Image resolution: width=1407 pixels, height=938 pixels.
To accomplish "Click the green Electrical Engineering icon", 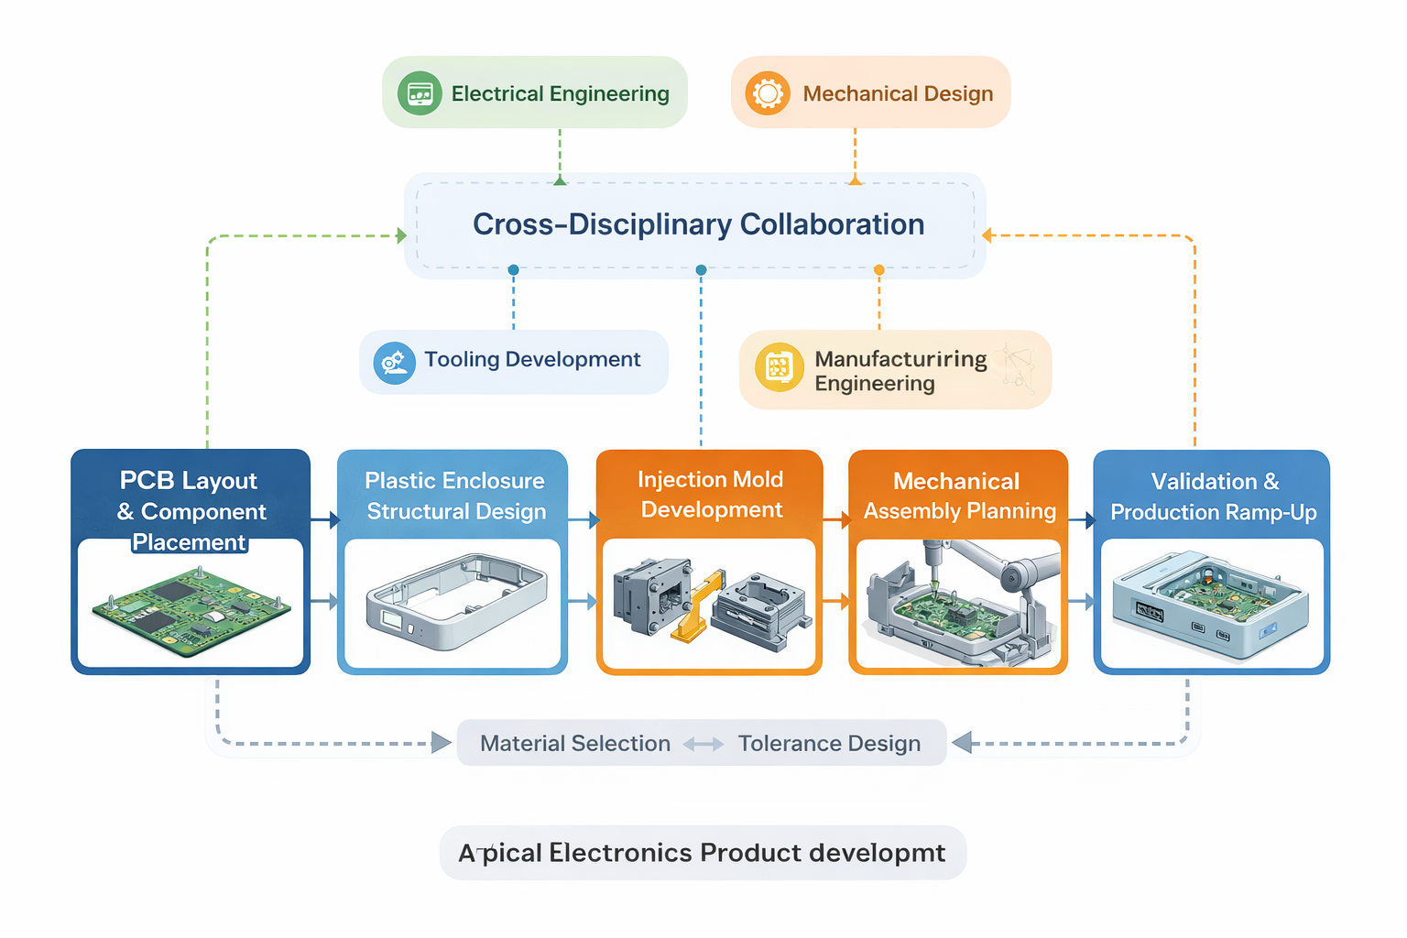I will (x=420, y=93).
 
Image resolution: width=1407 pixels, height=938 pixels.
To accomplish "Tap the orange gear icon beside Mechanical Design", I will (x=768, y=93).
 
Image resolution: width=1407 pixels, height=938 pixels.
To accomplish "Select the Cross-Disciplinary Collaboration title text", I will (x=698, y=224).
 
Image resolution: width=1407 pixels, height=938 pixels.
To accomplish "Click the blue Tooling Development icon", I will (x=395, y=363).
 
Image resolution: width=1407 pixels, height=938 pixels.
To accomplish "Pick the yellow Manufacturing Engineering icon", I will (x=779, y=367).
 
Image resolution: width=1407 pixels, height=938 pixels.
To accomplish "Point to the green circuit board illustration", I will (x=191, y=611).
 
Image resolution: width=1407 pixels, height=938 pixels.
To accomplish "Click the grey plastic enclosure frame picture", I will (x=455, y=600).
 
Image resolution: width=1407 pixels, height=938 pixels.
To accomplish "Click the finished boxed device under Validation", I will (x=1209, y=605).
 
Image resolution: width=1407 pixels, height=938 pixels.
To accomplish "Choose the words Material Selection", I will (x=575, y=744).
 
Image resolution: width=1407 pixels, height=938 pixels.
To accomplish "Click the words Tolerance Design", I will (x=829, y=744).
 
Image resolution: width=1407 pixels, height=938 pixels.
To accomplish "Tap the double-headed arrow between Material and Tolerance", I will (x=703, y=745).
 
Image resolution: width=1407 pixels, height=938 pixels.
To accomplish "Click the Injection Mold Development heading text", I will (x=711, y=495).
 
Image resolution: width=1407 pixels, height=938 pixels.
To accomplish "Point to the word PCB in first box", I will (x=147, y=480).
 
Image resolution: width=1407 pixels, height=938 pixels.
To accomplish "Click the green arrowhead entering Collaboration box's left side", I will (x=401, y=235).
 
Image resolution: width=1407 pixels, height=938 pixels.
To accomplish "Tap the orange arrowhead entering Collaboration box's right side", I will (x=987, y=235).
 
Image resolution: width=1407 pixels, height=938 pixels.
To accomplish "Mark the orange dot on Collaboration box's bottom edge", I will (x=879, y=270).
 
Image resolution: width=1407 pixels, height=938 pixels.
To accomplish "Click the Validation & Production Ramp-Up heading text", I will (x=1213, y=496).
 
